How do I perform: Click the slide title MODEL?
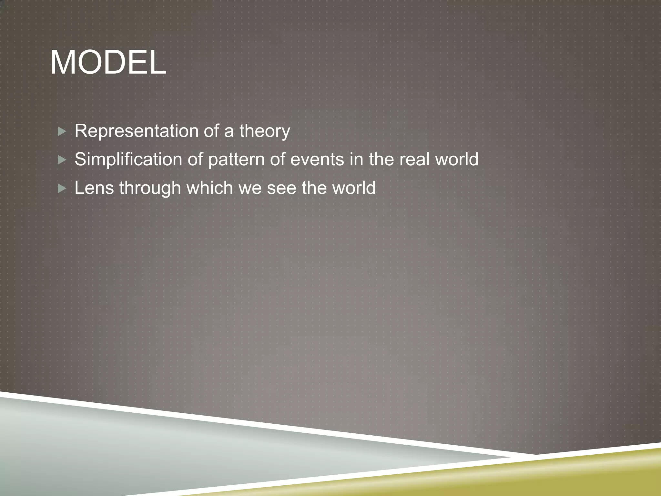108,63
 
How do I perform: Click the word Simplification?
128,160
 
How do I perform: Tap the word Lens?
94,188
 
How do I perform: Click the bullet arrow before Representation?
62,131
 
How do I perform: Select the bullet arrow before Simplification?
62,160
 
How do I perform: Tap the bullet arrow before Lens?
62,188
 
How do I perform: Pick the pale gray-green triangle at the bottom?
161,452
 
